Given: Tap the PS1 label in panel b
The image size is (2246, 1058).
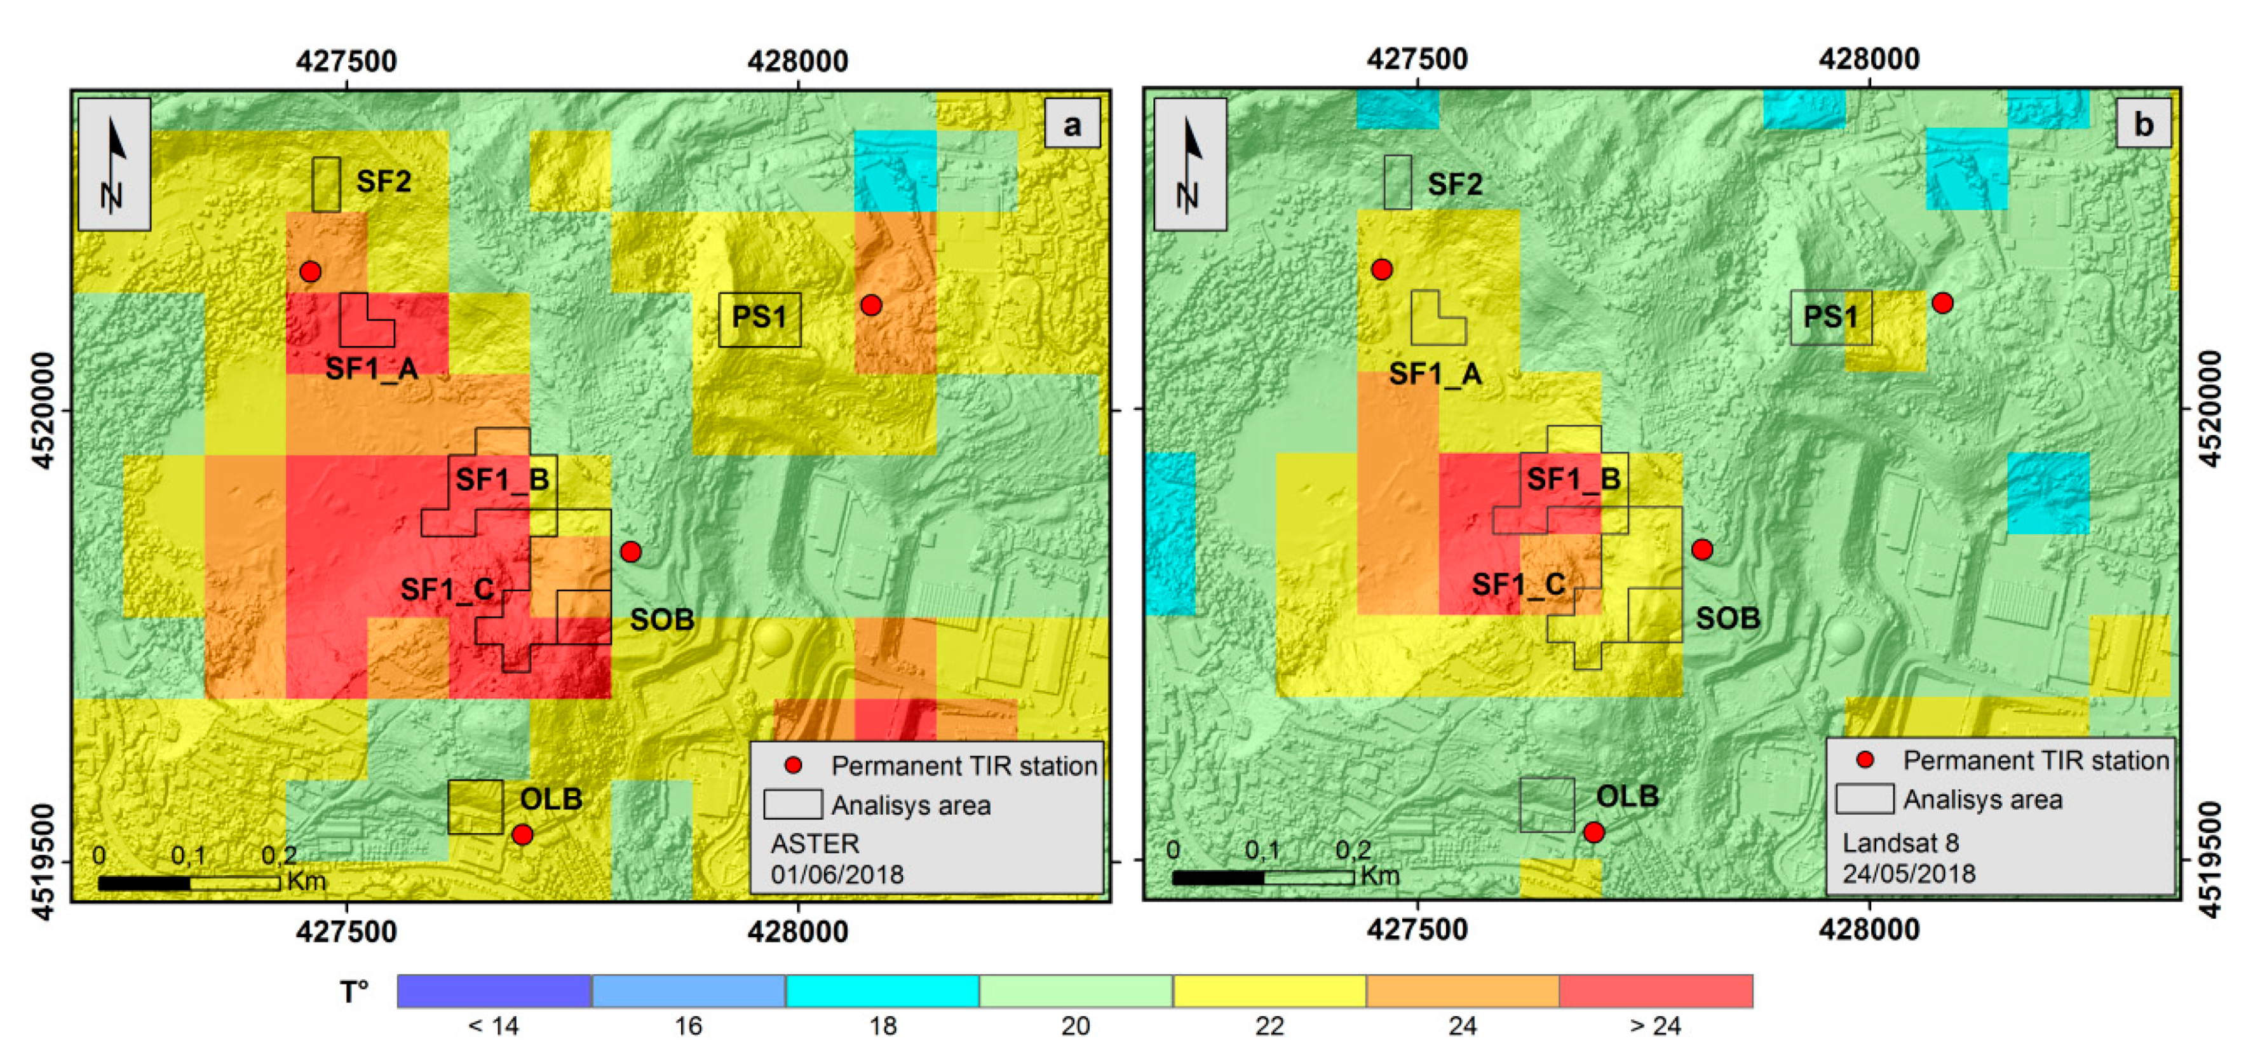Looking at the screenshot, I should tap(1829, 316).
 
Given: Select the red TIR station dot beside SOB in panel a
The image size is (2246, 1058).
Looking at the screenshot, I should tap(630, 552).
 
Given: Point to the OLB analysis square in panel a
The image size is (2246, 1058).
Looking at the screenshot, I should tap(475, 807).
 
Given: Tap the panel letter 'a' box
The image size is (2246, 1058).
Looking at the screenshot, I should tap(1072, 125).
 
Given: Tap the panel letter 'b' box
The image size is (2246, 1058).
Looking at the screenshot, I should tap(2143, 125).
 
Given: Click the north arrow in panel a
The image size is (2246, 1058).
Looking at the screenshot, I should tap(114, 164).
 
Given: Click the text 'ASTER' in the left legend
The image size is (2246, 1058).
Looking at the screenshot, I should tap(815, 843).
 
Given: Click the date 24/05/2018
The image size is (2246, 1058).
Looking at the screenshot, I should tap(1909, 873).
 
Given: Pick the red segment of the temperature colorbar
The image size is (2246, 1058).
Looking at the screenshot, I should tap(1655, 991).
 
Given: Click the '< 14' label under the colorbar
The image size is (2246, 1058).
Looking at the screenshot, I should tap(494, 1026).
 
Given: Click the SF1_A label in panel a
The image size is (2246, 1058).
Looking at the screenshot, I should tap(372, 369).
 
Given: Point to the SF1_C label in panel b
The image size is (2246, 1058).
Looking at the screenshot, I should tap(1518, 585).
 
